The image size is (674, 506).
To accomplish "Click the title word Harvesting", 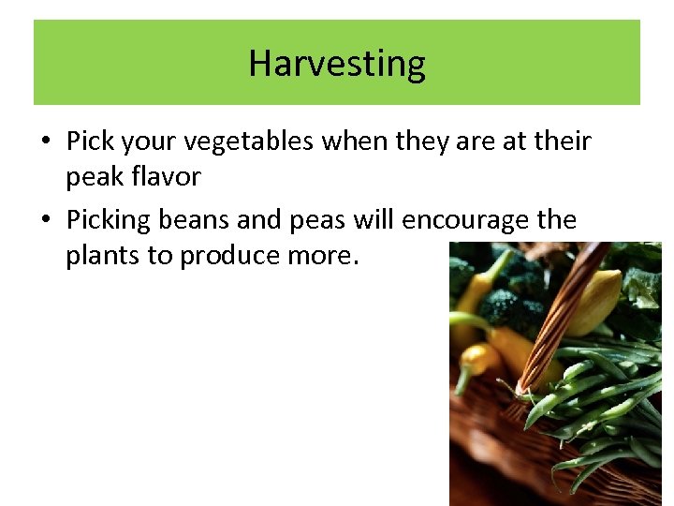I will click(337, 64).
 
